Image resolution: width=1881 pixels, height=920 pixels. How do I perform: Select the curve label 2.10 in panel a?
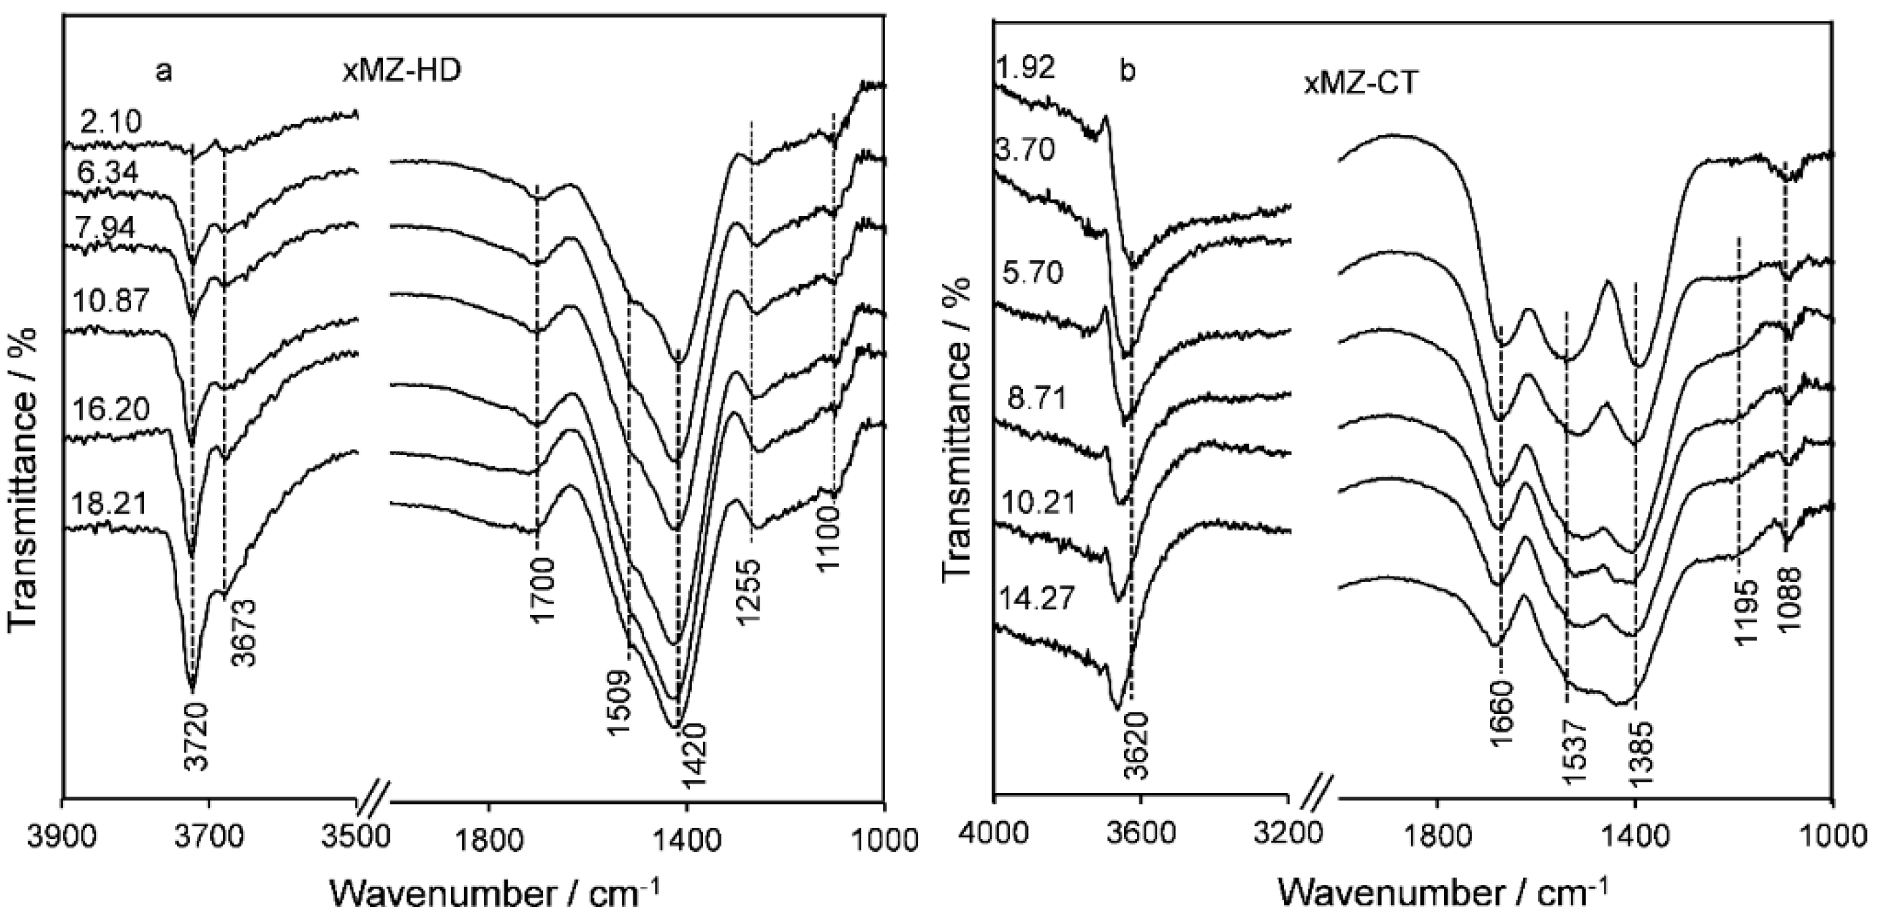point(110,123)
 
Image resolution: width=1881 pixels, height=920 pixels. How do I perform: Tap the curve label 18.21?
point(110,504)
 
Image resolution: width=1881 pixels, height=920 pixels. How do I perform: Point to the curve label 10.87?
point(110,301)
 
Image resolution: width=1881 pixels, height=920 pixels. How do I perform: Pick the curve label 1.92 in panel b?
point(1025,68)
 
